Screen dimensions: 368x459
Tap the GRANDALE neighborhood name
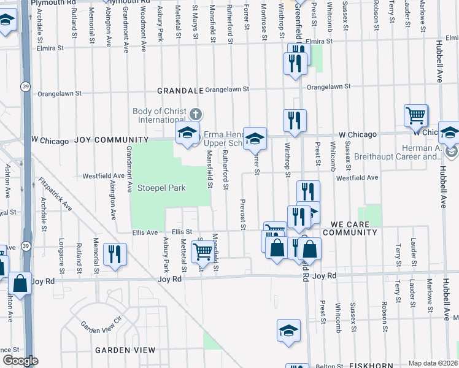click(x=180, y=90)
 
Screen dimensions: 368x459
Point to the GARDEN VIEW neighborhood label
click(x=125, y=350)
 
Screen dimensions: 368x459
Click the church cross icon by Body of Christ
click(x=196, y=114)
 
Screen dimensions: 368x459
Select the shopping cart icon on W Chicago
click(x=416, y=114)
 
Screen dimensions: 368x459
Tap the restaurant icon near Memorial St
click(x=115, y=253)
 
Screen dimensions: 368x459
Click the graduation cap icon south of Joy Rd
click(x=288, y=330)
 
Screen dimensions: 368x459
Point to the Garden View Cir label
click(x=102, y=327)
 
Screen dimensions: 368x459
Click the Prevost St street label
click(x=243, y=215)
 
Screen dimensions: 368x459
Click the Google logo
click(x=21, y=361)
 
